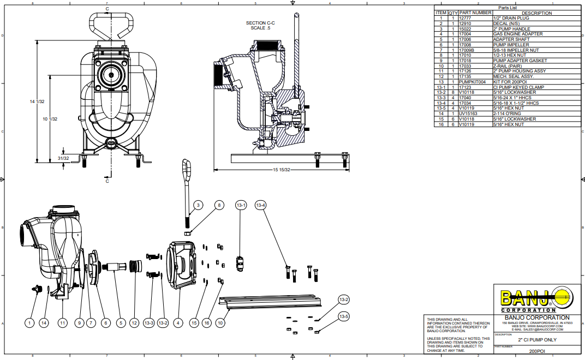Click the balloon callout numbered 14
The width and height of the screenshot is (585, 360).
pyautogui.click(x=44, y=323)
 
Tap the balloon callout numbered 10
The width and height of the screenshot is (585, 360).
pyautogui.click(x=220, y=323)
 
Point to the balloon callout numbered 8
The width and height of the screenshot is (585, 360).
pyautogui.click(x=219, y=205)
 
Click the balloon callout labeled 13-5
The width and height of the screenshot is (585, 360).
pyautogui.click(x=344, y=316)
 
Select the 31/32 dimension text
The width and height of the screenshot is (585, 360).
pyautogui.click(x=63, y=158)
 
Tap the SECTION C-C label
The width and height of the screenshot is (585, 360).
pyautogui.click(x=260, y=23)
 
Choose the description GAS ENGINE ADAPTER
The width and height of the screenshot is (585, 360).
pyautogui.click(x=518, y=34)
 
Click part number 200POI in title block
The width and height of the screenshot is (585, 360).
pyautogui.click(x=537, y=352)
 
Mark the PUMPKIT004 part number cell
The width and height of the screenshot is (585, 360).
pyautogui.click(x=472, y=82)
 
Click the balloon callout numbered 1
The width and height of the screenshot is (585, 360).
pyautogui.click(x=29, y=323)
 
